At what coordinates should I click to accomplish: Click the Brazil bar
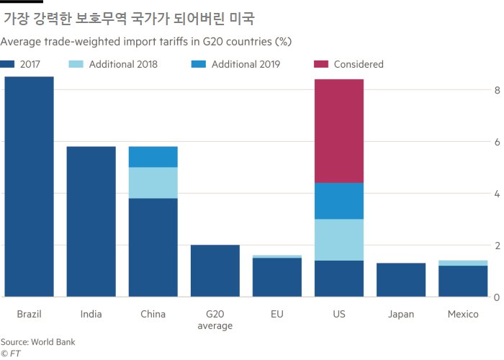tap(29, 186)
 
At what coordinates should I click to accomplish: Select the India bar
tap(91, 222)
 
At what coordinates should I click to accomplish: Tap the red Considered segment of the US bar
tap(339, 131)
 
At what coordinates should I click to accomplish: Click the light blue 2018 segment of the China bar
tap(153, 183)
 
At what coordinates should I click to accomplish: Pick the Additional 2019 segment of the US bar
tap(339, 201)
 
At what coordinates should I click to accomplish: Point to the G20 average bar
tap(215, 271)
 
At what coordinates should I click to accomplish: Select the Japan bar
tap(401, 279)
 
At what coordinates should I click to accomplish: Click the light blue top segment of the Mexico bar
tap(463, 263)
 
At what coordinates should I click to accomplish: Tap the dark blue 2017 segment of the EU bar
tap(277, 277)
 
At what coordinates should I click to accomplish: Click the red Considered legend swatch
tap(321, 64)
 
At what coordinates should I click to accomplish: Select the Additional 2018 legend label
tap(123, 64)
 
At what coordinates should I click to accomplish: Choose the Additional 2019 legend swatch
tap(198, 64)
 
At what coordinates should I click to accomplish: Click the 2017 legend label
tap(30, 64)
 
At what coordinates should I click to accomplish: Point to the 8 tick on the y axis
tap(497, 90)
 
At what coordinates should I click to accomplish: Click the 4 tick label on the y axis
tap(497, 194)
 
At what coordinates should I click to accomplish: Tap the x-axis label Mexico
tap(463, 314)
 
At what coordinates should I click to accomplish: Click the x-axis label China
tap(153, 314)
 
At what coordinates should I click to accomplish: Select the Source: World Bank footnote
tap(37, 342)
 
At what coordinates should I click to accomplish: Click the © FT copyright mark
tap(11, 354)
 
